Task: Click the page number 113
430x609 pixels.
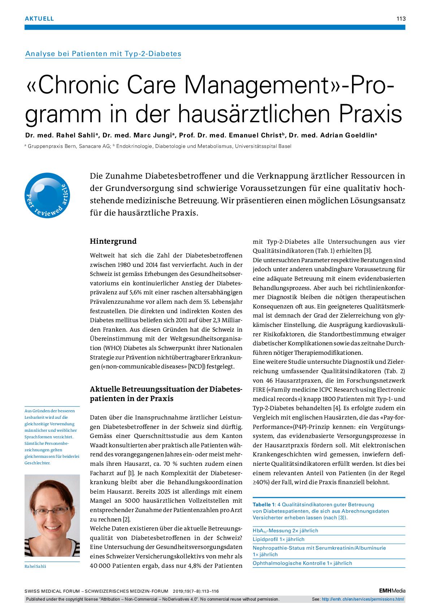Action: (x=401, y=19)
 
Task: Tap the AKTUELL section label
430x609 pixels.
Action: (x=39, y=19)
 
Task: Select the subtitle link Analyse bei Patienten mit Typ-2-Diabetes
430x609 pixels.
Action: (x=103, y=54)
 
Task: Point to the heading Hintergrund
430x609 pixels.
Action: (x=113, y=241)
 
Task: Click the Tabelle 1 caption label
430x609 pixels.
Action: (x=264, y=504)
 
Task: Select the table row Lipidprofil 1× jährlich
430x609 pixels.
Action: (x=279, y=539)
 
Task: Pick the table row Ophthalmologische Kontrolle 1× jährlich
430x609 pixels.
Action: (x=302, y=563)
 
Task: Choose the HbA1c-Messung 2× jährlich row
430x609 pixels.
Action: (x=285, y=531)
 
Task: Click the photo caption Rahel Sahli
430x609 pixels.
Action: (x=35, y=566)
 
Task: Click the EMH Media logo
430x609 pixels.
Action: (x=392, y=591)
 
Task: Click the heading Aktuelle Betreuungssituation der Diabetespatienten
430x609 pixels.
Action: (x=166, y=394)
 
